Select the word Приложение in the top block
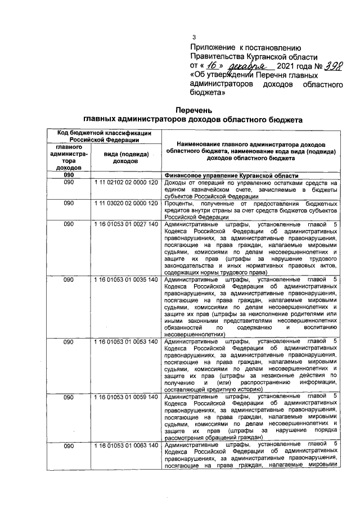click(x=211, y=47)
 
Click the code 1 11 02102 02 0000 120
click(x=125, y=183)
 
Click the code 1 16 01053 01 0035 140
click(x=125, y=279)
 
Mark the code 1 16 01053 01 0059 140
click(x=125, y=397)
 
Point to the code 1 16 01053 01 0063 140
click(x=125, y=446)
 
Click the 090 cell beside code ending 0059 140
click(x=68, y=397)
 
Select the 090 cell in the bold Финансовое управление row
click(x=68, y=175)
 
